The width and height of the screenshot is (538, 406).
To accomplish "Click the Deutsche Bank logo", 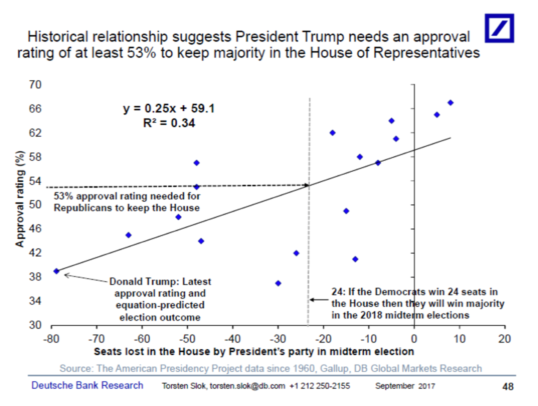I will pyautogui.click(x=499, y=28).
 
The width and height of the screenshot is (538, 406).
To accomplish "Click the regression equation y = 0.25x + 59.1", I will pyautogui.click(x=169, y=109).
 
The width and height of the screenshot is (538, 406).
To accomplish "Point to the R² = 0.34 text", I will pyautogui.click(x=169, y=123).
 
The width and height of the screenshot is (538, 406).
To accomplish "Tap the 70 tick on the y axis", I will pyautogui.click(x=35, y=85).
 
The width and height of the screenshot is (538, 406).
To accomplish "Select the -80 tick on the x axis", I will pyautogui.click(x=51, y=339).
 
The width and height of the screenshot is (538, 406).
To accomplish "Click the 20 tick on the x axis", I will pyautogui.click(x=505, y=339).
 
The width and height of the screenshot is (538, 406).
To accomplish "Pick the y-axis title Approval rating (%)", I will pyautogui.click(x=19, y=199).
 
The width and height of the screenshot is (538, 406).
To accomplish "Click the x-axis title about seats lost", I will pyautogui.click(x=254, y=351).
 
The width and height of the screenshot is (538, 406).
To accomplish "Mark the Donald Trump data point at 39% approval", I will pyautogui.click(x=56, y=271).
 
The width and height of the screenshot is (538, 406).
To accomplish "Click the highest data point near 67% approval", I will pyautogui.click(x=450, y=103).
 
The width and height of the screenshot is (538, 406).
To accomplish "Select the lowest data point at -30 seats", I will pyautogui.click(x=278, y=283).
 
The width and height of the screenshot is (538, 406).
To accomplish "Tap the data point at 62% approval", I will pyautogui.click(x=332, y=133).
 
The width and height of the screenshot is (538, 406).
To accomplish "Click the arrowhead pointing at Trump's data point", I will pyautogui.click(x=66, y=275).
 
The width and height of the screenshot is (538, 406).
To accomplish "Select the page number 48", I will pyautogui.click(x=508, y=386).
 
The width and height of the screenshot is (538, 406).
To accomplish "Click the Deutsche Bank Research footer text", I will pyautogui.click(x=87, y=385).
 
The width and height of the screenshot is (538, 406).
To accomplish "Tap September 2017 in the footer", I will pyautogui.click(x=405, y=386).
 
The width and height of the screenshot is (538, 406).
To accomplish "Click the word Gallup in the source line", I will pyautogui.click(x=334, y=368).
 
